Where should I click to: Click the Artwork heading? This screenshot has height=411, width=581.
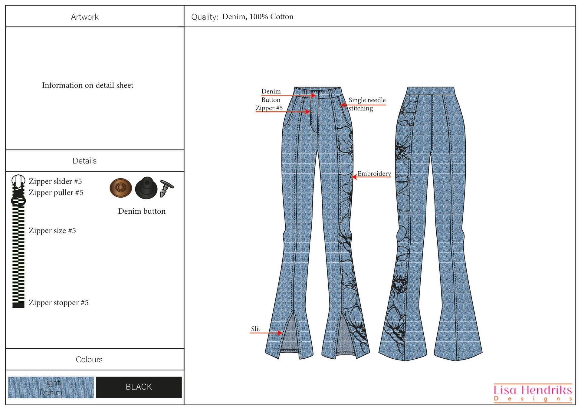tap(84, 17)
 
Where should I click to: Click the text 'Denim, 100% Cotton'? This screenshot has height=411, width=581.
tap(258, 17)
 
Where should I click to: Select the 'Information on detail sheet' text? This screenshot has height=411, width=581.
tap(87, 85)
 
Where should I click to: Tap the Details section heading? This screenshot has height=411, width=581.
tap(84, 161)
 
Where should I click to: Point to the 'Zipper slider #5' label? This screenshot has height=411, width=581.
tap(55, 181)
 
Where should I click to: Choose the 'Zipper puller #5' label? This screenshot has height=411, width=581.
tap(56, 192)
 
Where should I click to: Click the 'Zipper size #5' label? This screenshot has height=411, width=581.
tap(52, 231)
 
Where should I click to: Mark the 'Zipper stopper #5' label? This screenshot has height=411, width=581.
tap(58, 303)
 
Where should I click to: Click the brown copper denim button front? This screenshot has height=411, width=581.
tap(120, 188)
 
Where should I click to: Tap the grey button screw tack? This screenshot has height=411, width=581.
tap(166, 188)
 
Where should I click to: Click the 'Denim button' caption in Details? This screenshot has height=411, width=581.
tap(142, 211)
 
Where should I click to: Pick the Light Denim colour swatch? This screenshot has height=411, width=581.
tap(51, 387)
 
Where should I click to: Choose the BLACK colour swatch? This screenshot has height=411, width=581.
tap(139, 387)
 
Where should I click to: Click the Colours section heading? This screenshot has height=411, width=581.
tap(89, 360)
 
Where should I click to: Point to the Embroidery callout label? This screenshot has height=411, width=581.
tap(374, 174)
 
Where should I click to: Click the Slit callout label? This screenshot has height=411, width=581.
tap(255, 329)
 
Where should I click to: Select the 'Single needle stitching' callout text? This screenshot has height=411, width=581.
tap(367, 104)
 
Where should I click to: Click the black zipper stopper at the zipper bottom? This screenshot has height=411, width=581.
tap(18, 304)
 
